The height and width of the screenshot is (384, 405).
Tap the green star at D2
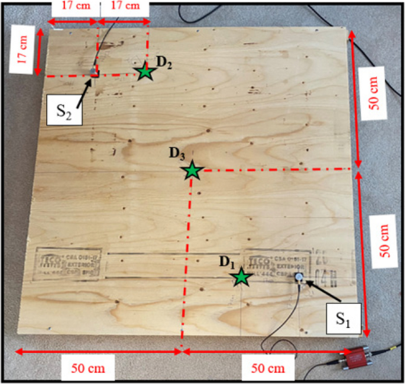pyautogui.click(x=145, y=72)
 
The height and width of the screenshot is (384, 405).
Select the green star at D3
pyautogui.click(x=192, y=171)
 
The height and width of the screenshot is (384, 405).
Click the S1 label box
pyautogui.click(x=344, y=320)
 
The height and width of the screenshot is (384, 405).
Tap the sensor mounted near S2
pyautogui.click(x=93, y=70)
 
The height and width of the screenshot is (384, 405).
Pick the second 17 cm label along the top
pyautogui.click(x=125, y=6)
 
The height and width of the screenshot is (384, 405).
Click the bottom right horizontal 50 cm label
pyautogui.click(x=267, y=368)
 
